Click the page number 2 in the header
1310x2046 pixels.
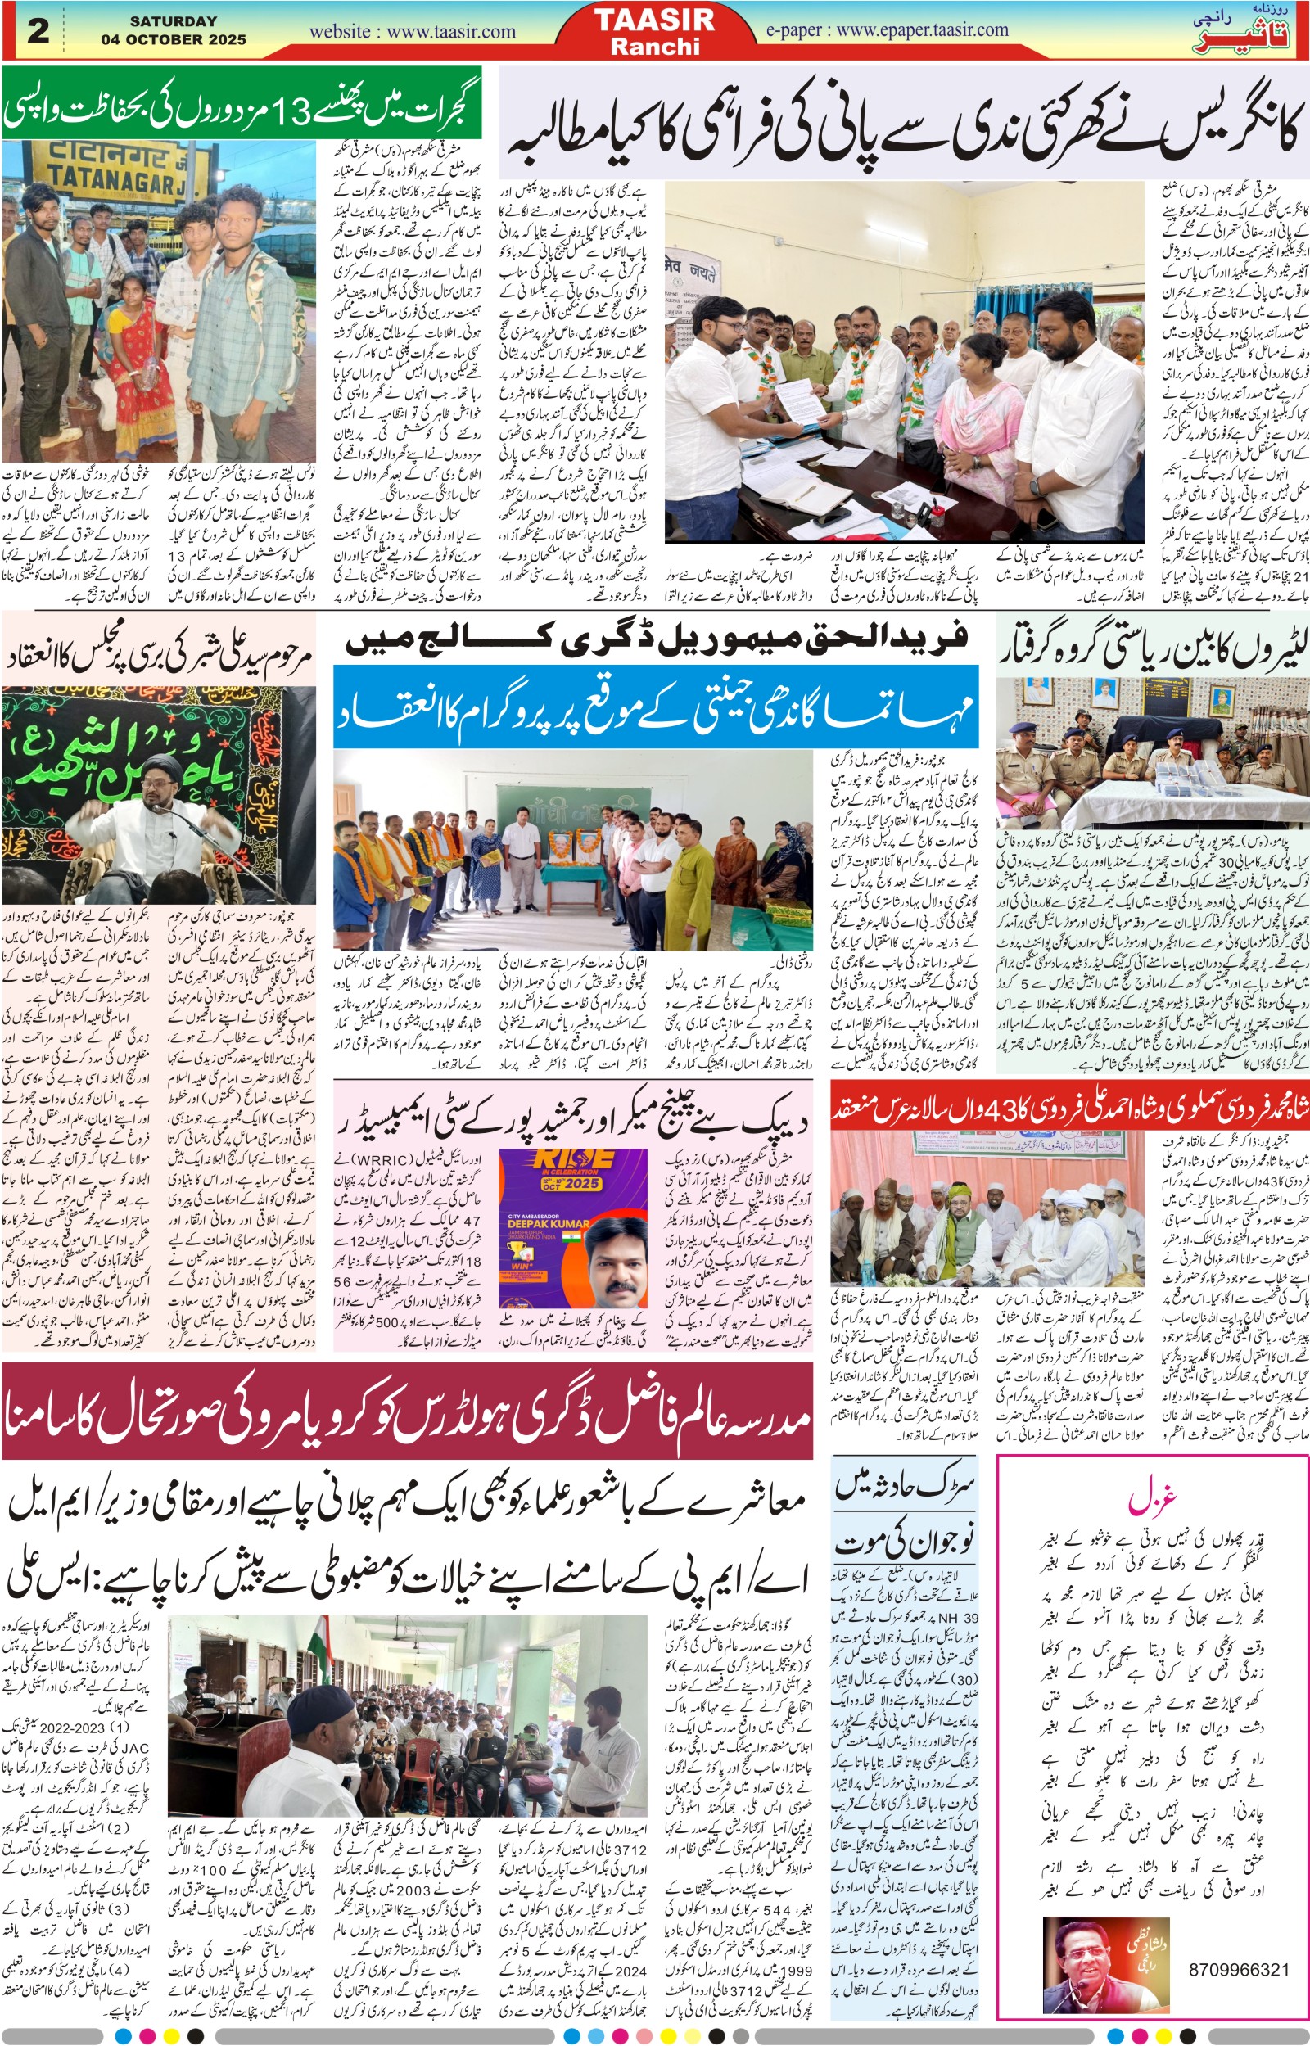[38, 30]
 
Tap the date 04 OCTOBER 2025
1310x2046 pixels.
[174, 39]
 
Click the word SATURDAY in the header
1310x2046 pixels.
[174, 20]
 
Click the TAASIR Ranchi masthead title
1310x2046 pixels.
[654, 30]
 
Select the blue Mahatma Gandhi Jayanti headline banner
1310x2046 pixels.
[655, 707]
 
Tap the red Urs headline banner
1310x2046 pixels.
[1069, 1108]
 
